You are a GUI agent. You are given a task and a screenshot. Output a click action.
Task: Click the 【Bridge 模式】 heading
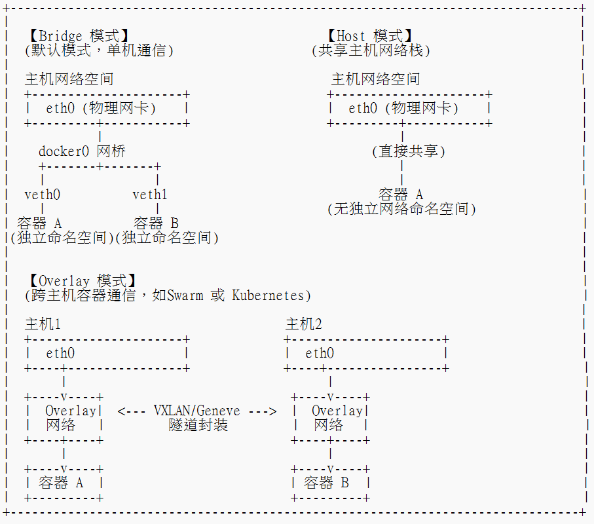(x=79, y=36)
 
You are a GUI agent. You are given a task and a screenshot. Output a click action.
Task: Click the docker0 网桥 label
(x=82, y=151)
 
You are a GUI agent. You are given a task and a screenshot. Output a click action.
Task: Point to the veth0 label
(x=42, y=195)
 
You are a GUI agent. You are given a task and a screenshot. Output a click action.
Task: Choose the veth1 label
(x=150, y=195)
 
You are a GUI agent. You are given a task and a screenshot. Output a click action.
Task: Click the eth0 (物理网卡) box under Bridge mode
(x=107, y=109)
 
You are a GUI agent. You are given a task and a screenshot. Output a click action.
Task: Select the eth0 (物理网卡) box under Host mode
(x=409, y=109)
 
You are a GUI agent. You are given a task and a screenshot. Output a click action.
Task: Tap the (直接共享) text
(x=409, y=151)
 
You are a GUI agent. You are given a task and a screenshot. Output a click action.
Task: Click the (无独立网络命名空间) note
(x=401, y=209)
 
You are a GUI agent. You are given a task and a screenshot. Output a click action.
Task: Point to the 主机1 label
(x=43, y=324)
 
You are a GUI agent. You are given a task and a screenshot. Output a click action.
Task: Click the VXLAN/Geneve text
(x=196, y=411)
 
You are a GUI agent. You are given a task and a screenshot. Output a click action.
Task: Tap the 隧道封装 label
(x=198, y=425)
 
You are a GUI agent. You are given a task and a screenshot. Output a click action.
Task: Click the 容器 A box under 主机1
(x=64, y=483)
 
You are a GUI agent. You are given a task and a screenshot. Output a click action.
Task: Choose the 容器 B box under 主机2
(x=329, y=483)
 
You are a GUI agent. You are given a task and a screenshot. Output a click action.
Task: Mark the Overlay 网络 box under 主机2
(x=329, y=418)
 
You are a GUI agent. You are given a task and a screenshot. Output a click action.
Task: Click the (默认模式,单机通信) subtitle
(x=99, y=50)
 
